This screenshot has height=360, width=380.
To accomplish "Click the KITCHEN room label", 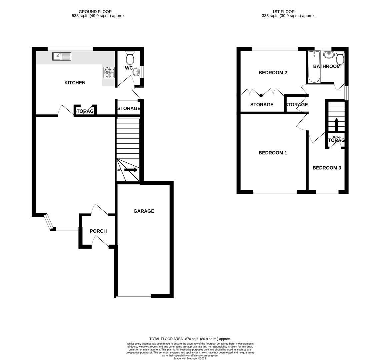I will point(75,83).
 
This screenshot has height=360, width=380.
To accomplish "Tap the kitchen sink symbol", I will point(62,56).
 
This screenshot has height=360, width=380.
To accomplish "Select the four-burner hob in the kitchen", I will point(109,72).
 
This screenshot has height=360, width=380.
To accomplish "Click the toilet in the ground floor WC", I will point(130,58).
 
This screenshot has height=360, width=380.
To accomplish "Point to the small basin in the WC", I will point(137,72).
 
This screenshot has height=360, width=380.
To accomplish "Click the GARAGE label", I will point(144,211).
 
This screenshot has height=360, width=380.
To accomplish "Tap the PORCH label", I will point(98,231).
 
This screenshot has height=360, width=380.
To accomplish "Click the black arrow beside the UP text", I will point(131,170).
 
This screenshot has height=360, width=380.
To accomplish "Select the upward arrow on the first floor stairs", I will point(336,124).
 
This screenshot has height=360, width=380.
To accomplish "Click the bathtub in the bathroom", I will point(314,67).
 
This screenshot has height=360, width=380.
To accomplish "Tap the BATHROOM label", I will point(327,66).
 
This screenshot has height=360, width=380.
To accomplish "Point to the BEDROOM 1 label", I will point(273,153).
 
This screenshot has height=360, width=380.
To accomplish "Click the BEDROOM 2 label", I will point(273,73).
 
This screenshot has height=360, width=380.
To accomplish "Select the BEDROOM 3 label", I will point(327,168).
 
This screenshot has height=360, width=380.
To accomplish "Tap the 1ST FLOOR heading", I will point(288,12).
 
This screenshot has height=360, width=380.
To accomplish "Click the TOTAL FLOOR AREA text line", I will point(190,339).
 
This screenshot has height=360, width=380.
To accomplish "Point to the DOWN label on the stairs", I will point(336,137).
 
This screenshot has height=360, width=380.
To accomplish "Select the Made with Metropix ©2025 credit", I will point(190,358).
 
